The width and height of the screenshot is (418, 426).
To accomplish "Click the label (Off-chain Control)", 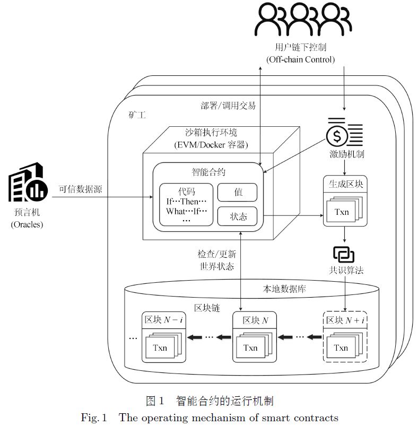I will coord(301,59).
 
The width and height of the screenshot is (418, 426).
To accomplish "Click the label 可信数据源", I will coord(80,189).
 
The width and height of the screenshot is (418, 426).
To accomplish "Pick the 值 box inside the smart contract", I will coord(237,192).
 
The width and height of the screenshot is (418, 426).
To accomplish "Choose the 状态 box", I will coord(237,216).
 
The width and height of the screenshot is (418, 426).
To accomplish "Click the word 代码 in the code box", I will coord(187,191).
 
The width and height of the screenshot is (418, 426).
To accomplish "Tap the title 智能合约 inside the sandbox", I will coord(208,172).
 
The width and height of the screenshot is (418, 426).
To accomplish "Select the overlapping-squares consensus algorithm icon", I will coord(343,255).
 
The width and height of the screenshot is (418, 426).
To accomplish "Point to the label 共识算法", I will coord(345,270).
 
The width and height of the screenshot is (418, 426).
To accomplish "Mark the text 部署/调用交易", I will coord(224,106).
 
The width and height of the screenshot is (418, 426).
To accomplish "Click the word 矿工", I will coord(137,115).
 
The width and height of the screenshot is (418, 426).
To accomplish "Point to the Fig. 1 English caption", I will coord(210,418).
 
